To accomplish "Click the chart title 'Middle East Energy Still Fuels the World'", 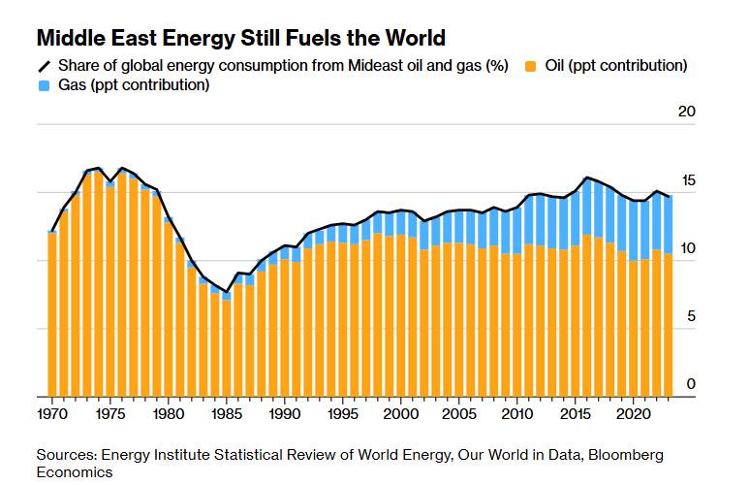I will click(x=240, y=39).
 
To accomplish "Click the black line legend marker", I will click(x=45, y=66).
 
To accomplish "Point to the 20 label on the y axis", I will click(x=686, y=113).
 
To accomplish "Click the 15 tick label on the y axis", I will click(x=686, y=180).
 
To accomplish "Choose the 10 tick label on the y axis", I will click(x=686, y=248).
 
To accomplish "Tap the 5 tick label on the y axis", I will click(x=690, y=316).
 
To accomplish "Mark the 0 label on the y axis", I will click(x=690, y=384).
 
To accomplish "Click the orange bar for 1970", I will click(x=52, y=315).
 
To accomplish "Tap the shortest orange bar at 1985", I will click(x=227, y=348).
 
